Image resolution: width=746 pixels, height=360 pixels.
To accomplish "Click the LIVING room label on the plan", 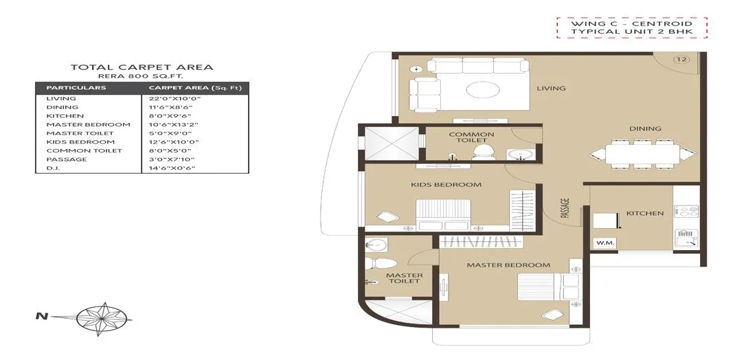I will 551,88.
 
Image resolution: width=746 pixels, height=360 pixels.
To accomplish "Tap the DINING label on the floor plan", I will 644,128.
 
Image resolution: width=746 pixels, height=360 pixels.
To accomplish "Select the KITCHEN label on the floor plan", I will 644,213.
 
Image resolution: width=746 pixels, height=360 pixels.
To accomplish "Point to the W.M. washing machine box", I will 604,242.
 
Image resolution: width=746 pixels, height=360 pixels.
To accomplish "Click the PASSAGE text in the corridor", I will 565,208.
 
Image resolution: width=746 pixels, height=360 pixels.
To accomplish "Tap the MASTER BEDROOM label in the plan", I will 508,265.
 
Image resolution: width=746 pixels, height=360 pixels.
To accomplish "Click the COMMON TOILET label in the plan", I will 471,137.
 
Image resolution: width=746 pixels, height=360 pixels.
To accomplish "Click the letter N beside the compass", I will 40,317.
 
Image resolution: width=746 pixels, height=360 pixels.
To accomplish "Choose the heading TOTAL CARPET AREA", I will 142,67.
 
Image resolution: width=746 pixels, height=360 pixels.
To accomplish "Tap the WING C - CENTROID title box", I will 631,27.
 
